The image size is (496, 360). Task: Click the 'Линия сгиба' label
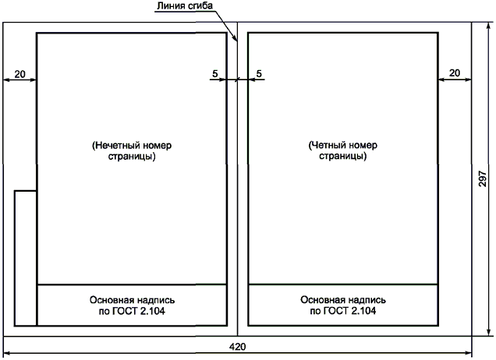(184, 6)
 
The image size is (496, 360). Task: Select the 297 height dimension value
(483, 180)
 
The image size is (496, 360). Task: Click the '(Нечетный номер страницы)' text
(131, 150)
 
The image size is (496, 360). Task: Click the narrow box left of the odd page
(26, 257)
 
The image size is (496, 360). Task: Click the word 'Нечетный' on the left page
(126, 145)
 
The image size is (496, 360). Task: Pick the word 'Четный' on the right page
(336, 145)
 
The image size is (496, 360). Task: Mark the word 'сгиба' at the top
(200, 6)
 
